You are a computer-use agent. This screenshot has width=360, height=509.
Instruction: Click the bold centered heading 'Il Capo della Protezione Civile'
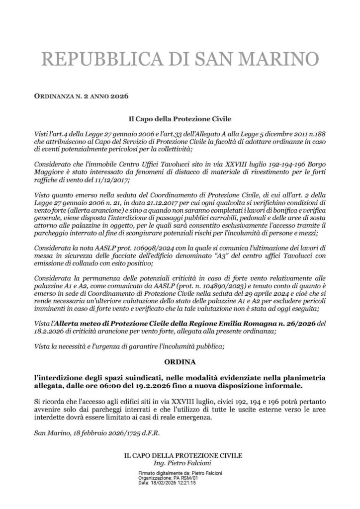click(x=180, y=119)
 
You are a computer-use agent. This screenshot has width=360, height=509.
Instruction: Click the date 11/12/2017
click(x=114, y=182)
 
